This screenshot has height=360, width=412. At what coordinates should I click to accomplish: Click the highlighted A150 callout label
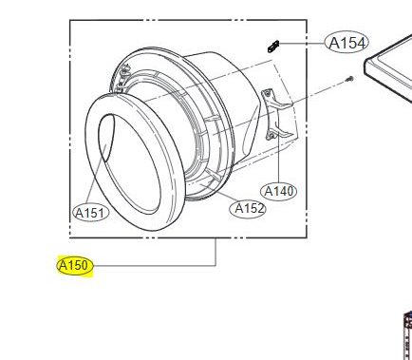click(75, 265)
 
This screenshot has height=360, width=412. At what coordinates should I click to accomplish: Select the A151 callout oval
click(91, 213)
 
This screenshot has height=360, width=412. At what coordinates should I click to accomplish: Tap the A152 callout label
click(248, 209)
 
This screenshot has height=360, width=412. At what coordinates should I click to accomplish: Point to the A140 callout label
click(278, 191)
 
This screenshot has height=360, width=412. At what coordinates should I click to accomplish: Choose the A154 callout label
click(346, 43)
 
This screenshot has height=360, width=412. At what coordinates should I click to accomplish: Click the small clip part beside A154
click(273, 47)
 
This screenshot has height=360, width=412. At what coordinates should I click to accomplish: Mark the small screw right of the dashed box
click(349, 79)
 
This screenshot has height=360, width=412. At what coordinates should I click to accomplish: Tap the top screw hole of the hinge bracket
click(268, 93)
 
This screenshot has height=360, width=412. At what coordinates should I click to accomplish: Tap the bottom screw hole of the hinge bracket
click(272, 136)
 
